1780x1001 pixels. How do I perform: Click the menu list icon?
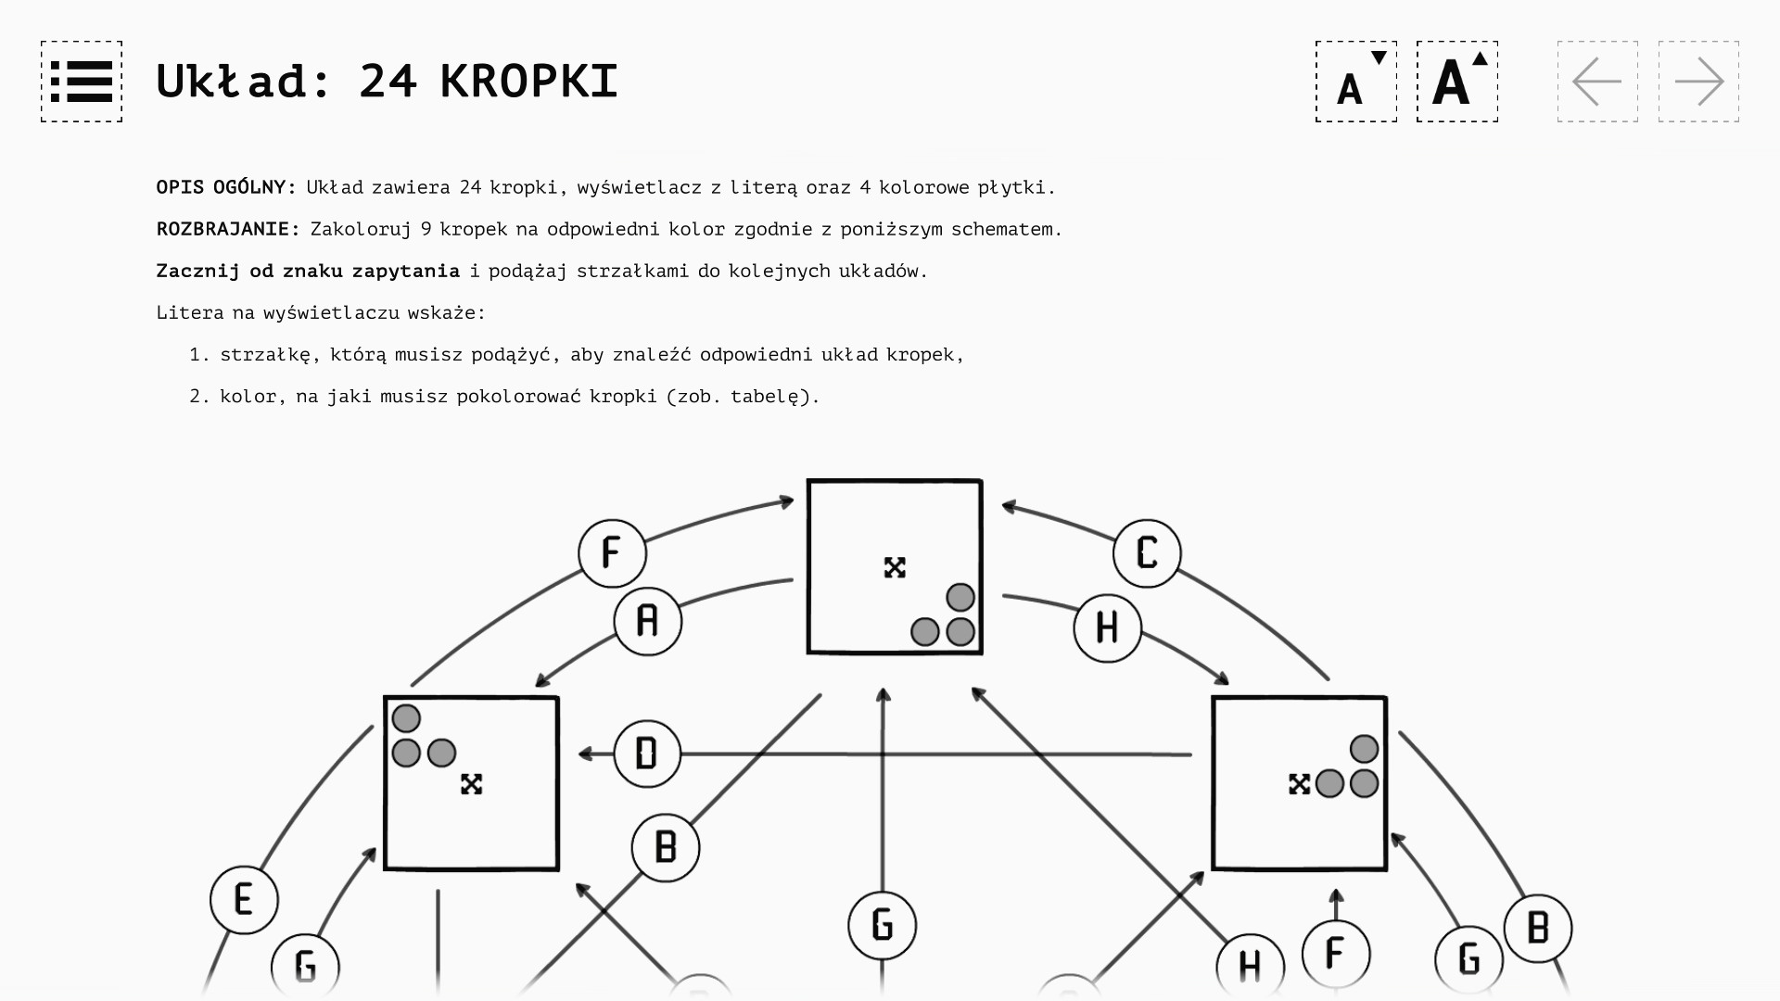[82, 82]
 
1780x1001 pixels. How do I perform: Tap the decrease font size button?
[1355, 82]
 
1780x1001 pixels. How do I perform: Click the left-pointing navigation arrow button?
[1597, 82]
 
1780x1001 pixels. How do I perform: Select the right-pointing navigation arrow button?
[1698, 82]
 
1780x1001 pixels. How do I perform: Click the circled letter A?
[648, 621]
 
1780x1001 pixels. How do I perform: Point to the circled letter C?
[1147, 553]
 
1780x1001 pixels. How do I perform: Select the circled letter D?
[647, 754]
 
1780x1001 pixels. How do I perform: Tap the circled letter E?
[244, 900]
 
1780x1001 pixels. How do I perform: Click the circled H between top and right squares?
[1107, 628]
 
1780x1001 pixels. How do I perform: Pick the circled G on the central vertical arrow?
[882, 925]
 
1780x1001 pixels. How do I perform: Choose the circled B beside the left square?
[666, 847]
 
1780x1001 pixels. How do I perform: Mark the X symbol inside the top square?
[895, 567]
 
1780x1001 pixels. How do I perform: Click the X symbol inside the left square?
[471, 784]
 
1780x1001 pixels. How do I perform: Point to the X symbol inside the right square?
[1299, 784]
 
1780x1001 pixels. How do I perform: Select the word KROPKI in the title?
[528, 82]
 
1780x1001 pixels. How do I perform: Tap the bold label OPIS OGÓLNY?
[225, 187]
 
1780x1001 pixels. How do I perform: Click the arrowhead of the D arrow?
[585, 754]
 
